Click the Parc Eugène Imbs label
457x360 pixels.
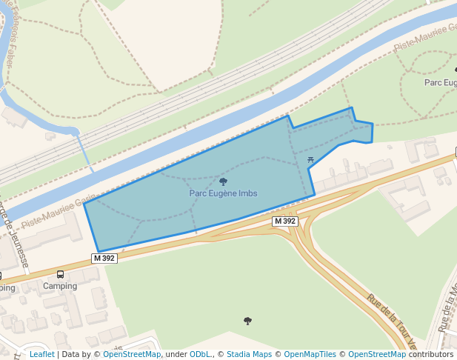pos(223,193)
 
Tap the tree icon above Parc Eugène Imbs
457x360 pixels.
pos(223,181)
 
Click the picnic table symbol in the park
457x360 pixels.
pos(310,159)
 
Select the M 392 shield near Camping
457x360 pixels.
pos(104,259)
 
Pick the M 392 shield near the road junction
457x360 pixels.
pos(285,221)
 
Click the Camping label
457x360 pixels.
pos(60,286)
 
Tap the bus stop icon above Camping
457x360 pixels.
pos(60,274)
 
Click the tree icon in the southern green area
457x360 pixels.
pos(247,321)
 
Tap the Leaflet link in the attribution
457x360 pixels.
pos(41,355)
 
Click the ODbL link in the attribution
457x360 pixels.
pos(199,355)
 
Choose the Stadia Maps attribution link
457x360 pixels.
pos(250,355)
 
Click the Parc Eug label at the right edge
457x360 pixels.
pos(440,82)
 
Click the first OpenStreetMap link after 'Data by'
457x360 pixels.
pos(131,355)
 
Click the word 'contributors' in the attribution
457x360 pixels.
pos(431,355)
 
